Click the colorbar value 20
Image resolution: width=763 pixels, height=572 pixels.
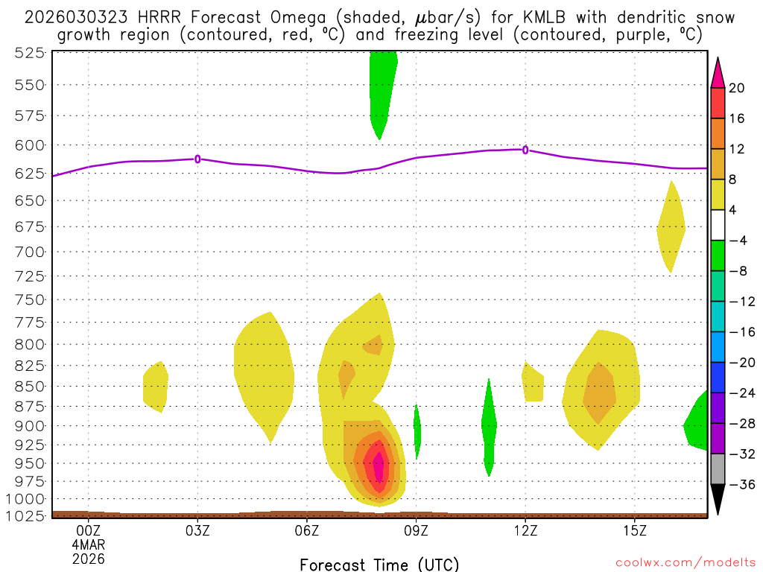click(x=737, y=88)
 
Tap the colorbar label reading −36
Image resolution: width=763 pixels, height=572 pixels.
click(x=741, y=484)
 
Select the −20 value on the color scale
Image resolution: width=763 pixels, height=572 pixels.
click(x=741, y=363)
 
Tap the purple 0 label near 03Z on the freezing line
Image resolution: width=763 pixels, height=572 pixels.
click(x=197, y=159)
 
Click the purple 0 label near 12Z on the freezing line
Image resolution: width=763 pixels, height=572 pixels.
click(x=525, y=150)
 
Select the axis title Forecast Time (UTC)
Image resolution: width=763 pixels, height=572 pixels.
click(x=379, y=564)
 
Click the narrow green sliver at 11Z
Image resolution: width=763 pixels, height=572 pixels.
click(x=489, y=428)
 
